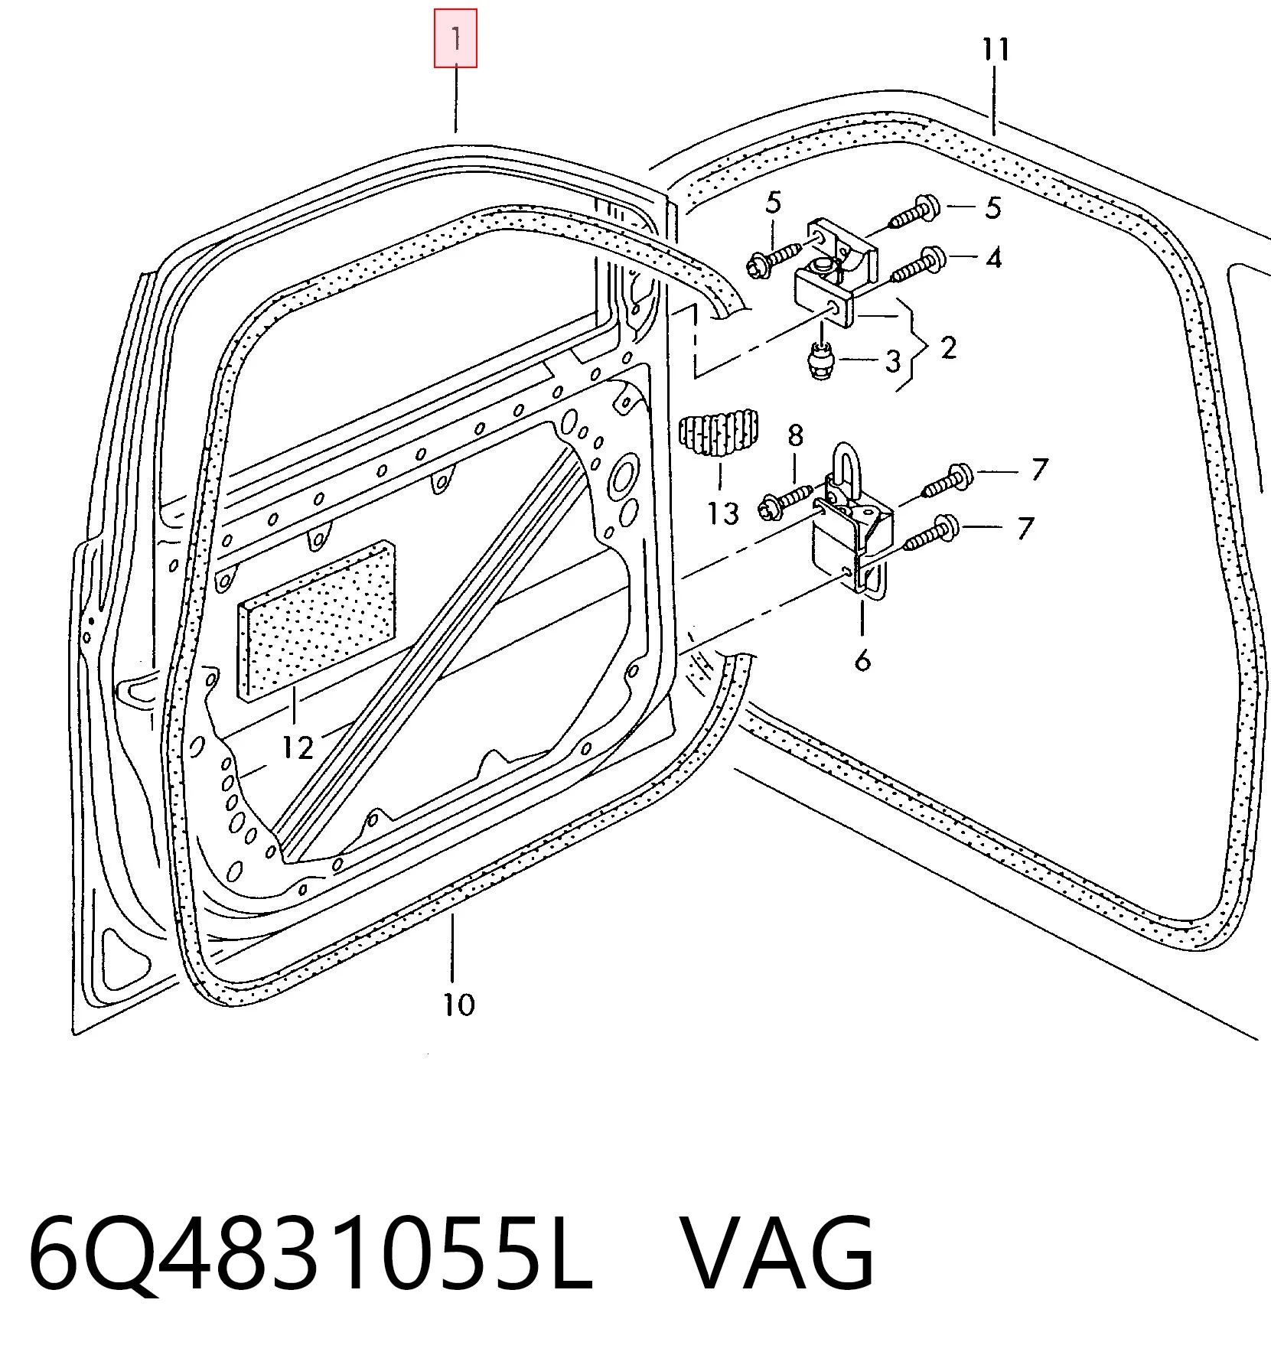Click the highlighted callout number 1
pyautogui.click(x=455, y=37)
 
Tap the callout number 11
pyautogui.click(x=996, y=50)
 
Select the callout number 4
pyautogui.click(x=993, y=258)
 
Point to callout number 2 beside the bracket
pyautogui.click(x=948, y=348)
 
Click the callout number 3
pyautogui.click(x=893, y=361)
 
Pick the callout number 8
pyautogui.click(x=796, y=436)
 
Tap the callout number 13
pyautogui.click(x=723, y=513)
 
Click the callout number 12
pyautogui.click(x=297, y=748)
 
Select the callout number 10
pyautogui.click(x=459, y=1004)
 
